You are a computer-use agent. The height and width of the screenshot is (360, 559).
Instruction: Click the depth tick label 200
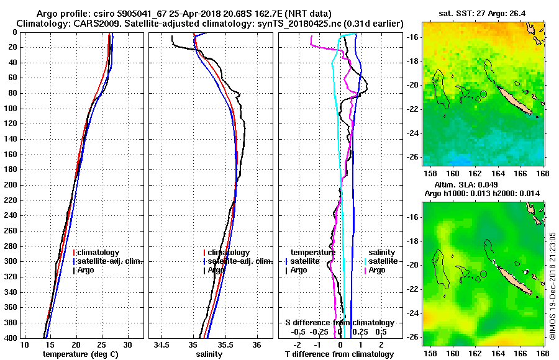[11, 185]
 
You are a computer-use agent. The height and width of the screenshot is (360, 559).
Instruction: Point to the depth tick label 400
[11, 338]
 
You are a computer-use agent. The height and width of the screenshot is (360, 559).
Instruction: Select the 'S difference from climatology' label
[340, 323]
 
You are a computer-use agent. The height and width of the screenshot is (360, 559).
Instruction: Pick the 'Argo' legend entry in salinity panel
[217, 271]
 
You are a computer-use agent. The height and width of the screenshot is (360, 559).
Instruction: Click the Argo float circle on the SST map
[483, 94]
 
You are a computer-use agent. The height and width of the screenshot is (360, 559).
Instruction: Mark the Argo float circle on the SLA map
[483, 274]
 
